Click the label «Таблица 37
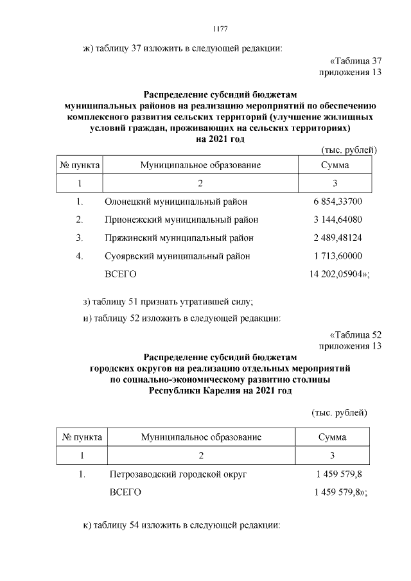pos(356,62)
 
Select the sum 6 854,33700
pos(338,202)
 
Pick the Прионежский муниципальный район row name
pos(181,220)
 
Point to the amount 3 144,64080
pos(338,220)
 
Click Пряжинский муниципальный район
pos(179,238)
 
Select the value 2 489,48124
pos(338,238)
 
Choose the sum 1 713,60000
pos(338,256)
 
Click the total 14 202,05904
pos(339,274)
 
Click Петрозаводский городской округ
pos(179,474)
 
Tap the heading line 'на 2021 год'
pos(220,139)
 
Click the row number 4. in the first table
pos(80,256)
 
